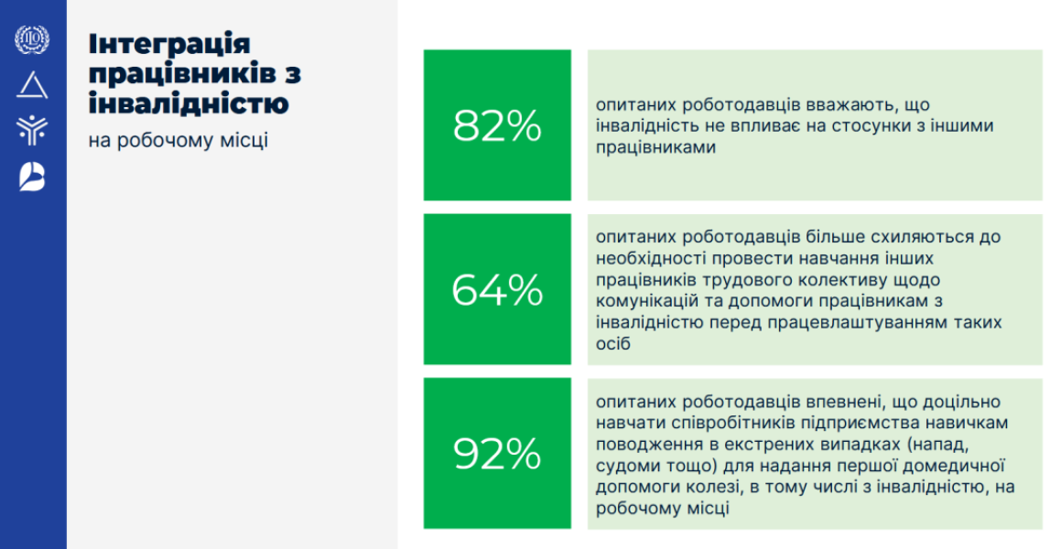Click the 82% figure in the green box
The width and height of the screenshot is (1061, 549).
point(497,125)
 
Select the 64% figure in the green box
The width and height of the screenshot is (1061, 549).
point(497,290)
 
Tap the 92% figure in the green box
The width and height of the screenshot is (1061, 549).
point(497,454)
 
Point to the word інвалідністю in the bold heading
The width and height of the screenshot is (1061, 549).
point(189,103)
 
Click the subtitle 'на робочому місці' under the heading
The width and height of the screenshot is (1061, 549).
point(178,141)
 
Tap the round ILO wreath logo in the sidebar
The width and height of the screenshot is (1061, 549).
point(32,40)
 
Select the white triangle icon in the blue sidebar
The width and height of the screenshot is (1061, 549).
point(32,85)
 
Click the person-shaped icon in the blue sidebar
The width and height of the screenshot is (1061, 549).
point(32,129)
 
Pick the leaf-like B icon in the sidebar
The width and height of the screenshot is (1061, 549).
point(32,178)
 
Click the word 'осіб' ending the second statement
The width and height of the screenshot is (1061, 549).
point(613,343)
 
